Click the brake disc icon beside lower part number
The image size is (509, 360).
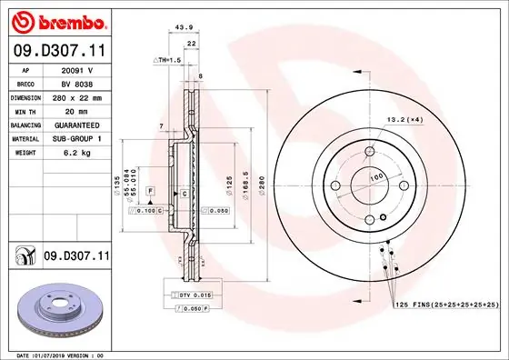23,257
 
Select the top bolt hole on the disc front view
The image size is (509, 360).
369,152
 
